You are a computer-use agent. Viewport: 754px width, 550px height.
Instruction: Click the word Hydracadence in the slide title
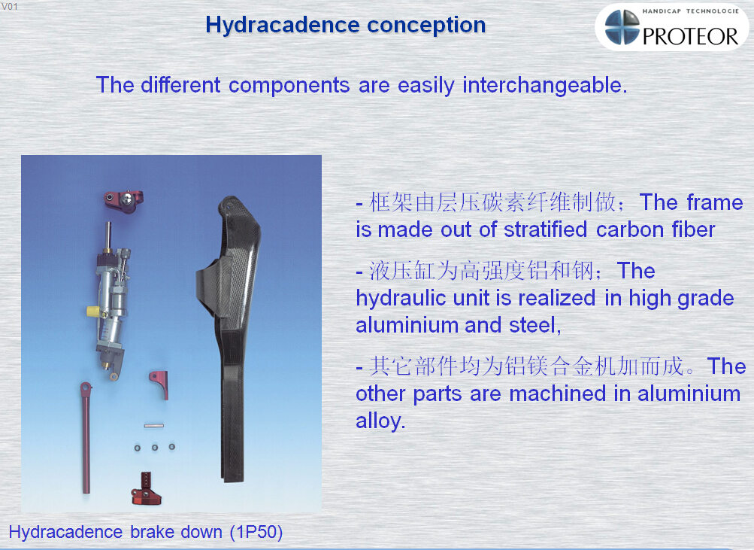(283, 26)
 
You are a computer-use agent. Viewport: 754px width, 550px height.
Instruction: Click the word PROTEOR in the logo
(690, 36)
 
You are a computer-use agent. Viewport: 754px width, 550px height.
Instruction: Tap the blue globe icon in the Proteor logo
(622, 27)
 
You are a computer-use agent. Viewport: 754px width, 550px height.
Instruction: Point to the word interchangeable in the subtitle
(545, 86)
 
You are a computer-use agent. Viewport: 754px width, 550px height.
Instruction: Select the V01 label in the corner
(10, 7)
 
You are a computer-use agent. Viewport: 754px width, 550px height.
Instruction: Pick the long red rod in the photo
(86, 437)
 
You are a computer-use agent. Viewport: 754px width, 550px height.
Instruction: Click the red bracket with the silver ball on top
(123, 201)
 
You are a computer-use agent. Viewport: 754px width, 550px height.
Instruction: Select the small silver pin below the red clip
(154, 426)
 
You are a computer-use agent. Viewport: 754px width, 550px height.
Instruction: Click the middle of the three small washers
(155, 448)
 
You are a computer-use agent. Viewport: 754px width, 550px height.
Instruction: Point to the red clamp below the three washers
(146, 489)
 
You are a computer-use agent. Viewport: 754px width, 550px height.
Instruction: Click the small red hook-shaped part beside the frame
(159, 384)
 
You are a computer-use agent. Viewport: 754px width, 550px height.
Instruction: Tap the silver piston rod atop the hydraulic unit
(109, 235)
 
